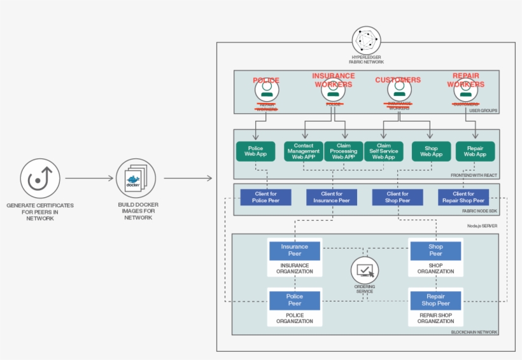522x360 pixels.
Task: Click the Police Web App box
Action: pos(255,151)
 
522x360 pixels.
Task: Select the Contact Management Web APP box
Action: pos(304,151)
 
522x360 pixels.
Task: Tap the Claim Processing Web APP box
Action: pos(344,151)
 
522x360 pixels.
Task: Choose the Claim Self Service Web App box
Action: pos(384,151)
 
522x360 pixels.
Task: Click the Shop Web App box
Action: pos(431,151)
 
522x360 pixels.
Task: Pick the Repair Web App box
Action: pos(474,151)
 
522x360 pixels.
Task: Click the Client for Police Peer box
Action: pos(265,197)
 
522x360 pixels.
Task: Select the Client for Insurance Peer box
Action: pos(332,197)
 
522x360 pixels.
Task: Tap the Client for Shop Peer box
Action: pos(398,197)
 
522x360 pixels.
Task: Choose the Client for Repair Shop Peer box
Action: pos(463,197)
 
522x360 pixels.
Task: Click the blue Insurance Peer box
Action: pos(294,251)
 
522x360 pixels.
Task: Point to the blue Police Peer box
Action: pos(294,300)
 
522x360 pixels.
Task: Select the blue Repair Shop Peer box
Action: pos(435,300)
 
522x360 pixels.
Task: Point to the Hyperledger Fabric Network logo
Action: pos(366,41)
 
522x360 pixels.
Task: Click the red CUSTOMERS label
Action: pos(398,80)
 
